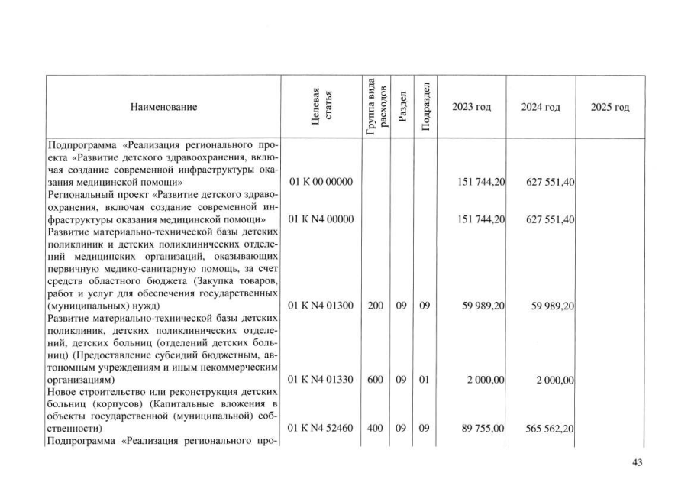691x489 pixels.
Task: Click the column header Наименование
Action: pos(163,108)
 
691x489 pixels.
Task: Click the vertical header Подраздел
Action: pos(425,106)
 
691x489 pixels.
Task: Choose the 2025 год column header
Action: pos(610,108)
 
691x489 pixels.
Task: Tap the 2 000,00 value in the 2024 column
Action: pos(554,381)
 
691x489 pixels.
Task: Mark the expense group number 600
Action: pos(375,381)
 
